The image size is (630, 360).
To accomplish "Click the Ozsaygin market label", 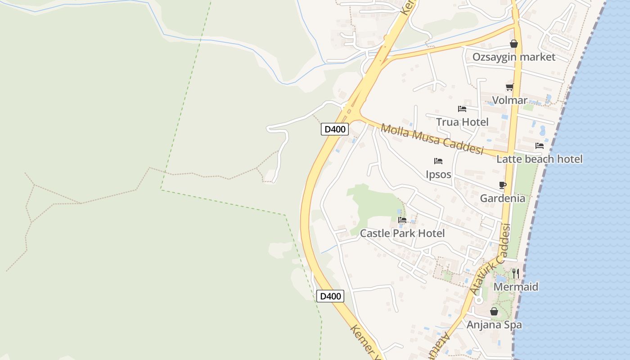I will click(513, 57).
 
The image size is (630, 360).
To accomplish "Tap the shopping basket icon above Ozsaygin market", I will click(513, 44).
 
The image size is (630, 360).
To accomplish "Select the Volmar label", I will click(509, 100).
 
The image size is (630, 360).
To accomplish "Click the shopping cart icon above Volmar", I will click(509, 87).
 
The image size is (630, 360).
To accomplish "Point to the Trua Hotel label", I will click(462, 122).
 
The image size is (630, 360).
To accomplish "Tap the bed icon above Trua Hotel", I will click(462, 108).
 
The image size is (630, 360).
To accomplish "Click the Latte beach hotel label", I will click(539, 159).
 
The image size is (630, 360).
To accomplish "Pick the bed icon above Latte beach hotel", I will click(539, 145).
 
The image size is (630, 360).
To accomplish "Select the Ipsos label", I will click(438, 174).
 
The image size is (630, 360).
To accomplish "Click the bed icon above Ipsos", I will click(438, 161).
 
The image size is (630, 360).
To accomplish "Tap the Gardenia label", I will click(502, 198).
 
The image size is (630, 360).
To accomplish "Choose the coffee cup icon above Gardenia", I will click(502, 185).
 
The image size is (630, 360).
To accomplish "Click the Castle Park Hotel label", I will click(402, 233).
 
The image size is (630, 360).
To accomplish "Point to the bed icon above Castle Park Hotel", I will click(402, 220).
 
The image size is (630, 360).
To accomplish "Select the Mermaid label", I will click(516, 287).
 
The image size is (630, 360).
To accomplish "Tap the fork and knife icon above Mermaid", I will click(516, 273).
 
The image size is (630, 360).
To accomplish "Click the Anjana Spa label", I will click(494, 324).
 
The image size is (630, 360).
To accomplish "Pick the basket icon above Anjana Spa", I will click(494, 311).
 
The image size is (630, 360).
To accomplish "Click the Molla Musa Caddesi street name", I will click(432, 139).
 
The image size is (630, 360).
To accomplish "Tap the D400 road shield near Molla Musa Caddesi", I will click(335, 130).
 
